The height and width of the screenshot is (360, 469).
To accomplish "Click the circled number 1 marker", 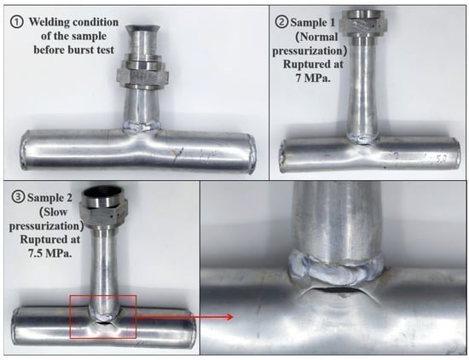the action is click(x=16, y=22).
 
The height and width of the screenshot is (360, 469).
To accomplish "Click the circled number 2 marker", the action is click(x=281, y=22).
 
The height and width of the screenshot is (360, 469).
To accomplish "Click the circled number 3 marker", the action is click(x=18, y=197).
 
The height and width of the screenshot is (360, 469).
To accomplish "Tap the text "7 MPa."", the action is click(x=313, y=78).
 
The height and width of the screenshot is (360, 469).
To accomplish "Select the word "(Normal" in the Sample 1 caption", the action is click(x=316, y=37).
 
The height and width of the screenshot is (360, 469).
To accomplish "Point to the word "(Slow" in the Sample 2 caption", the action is click(x=54, y=212).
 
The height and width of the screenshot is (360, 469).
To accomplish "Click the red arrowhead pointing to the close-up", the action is click(x=229, y=317).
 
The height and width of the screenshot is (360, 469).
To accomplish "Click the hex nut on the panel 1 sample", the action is click(x=142, y=76).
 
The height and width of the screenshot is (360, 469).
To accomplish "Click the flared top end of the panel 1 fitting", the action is click(x=142, y=29).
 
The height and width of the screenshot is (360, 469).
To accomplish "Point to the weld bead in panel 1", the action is click(x=141, y=127).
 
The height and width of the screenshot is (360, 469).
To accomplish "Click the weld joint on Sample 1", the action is click(x=363, y=138).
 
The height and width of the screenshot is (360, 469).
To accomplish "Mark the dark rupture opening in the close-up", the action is click(x=337, y=289).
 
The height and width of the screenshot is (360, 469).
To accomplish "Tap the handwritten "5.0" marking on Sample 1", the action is click(x=440, y=160).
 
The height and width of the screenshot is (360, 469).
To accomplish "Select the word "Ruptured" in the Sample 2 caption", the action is click(x=50, y=240).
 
